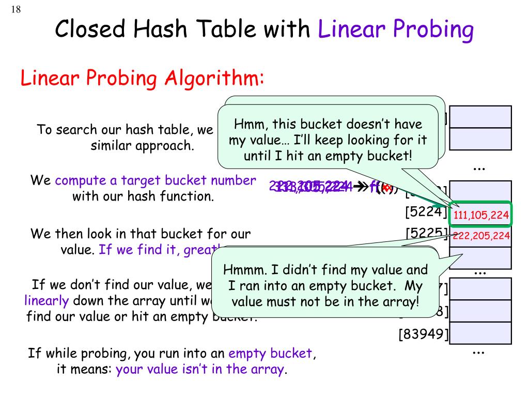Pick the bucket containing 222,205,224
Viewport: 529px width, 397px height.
click(481, 236)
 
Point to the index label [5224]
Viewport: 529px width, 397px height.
click(426, 212)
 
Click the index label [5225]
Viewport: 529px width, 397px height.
click(426, 234)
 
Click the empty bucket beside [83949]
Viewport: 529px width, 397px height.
click(480, 333)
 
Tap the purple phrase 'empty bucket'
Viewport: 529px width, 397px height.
click(270, 354)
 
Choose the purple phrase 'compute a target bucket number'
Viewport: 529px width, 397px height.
click(155, 181)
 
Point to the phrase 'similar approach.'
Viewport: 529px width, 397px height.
click(143, 145)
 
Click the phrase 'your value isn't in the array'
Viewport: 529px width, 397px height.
click(200, 370)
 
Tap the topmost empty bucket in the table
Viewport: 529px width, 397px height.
click(484, 116)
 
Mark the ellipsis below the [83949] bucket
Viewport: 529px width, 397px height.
click(479, 352)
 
